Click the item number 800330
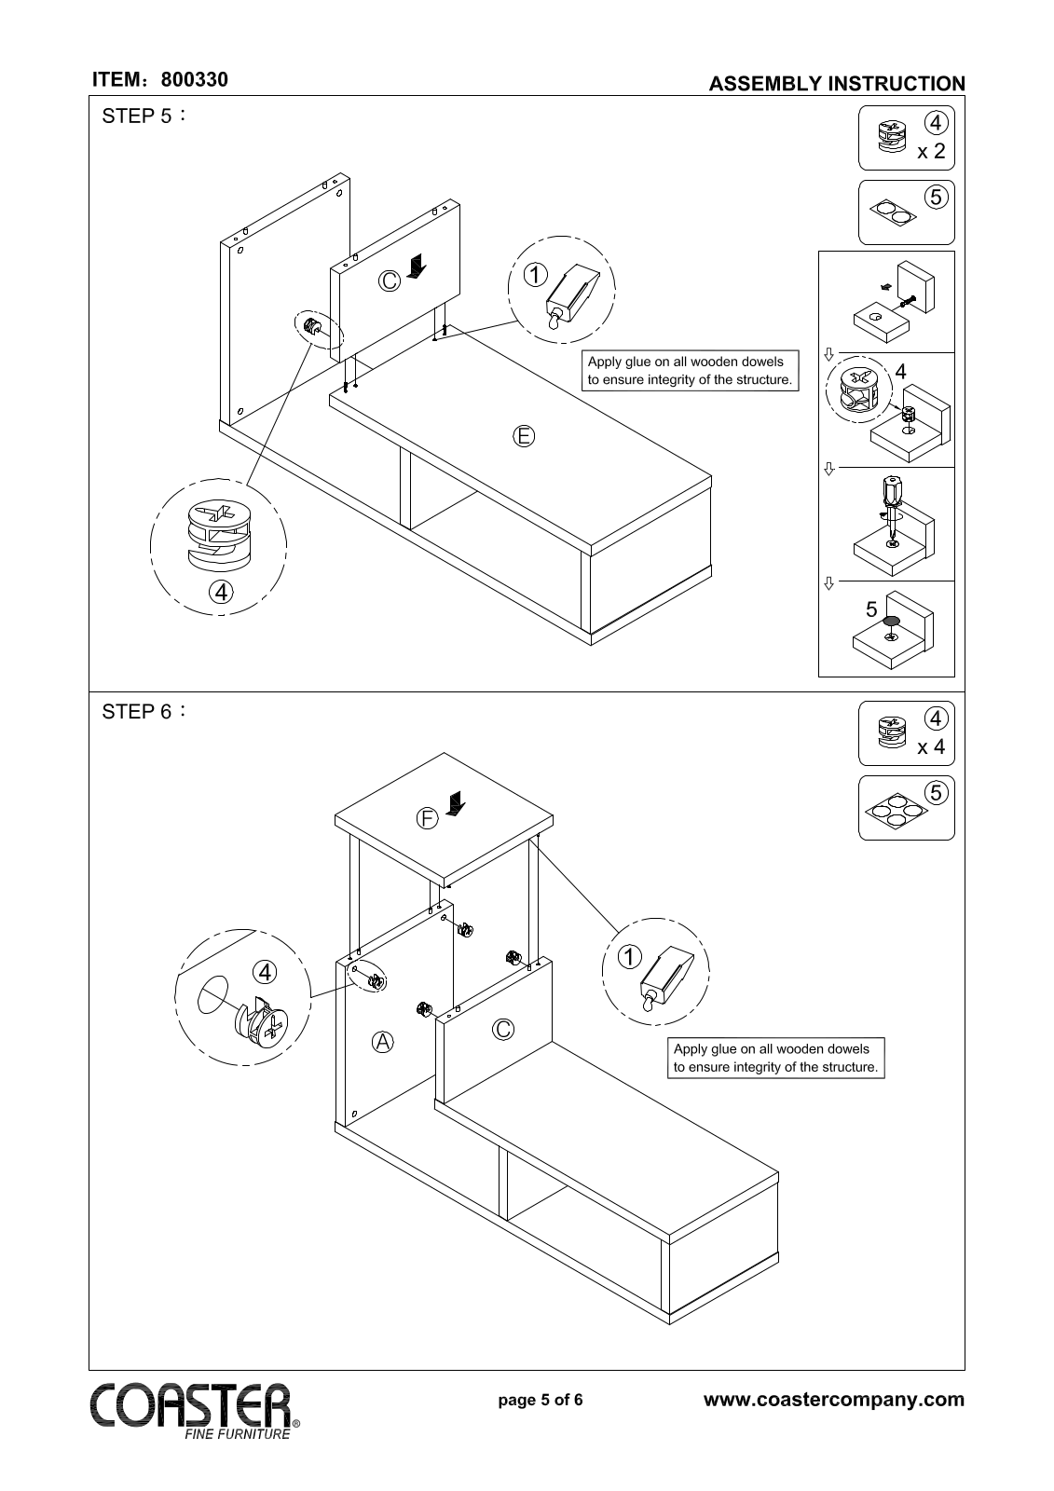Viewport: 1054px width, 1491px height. [194, 80]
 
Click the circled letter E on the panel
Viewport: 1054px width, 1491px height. [524, 435]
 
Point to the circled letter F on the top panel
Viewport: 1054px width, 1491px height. [426, 819]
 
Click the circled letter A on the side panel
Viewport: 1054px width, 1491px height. [382, 1042]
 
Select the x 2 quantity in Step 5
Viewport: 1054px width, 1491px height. [931, 152]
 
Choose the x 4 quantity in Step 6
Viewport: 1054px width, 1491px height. [931, 747]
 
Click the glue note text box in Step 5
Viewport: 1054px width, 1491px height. [690, 371]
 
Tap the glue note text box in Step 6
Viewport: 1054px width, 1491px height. [775, 1059]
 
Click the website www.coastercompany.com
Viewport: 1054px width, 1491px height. [834, 1400]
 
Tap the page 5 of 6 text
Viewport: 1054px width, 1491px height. [541, 1400]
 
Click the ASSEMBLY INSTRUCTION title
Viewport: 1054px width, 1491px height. [836, 84]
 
